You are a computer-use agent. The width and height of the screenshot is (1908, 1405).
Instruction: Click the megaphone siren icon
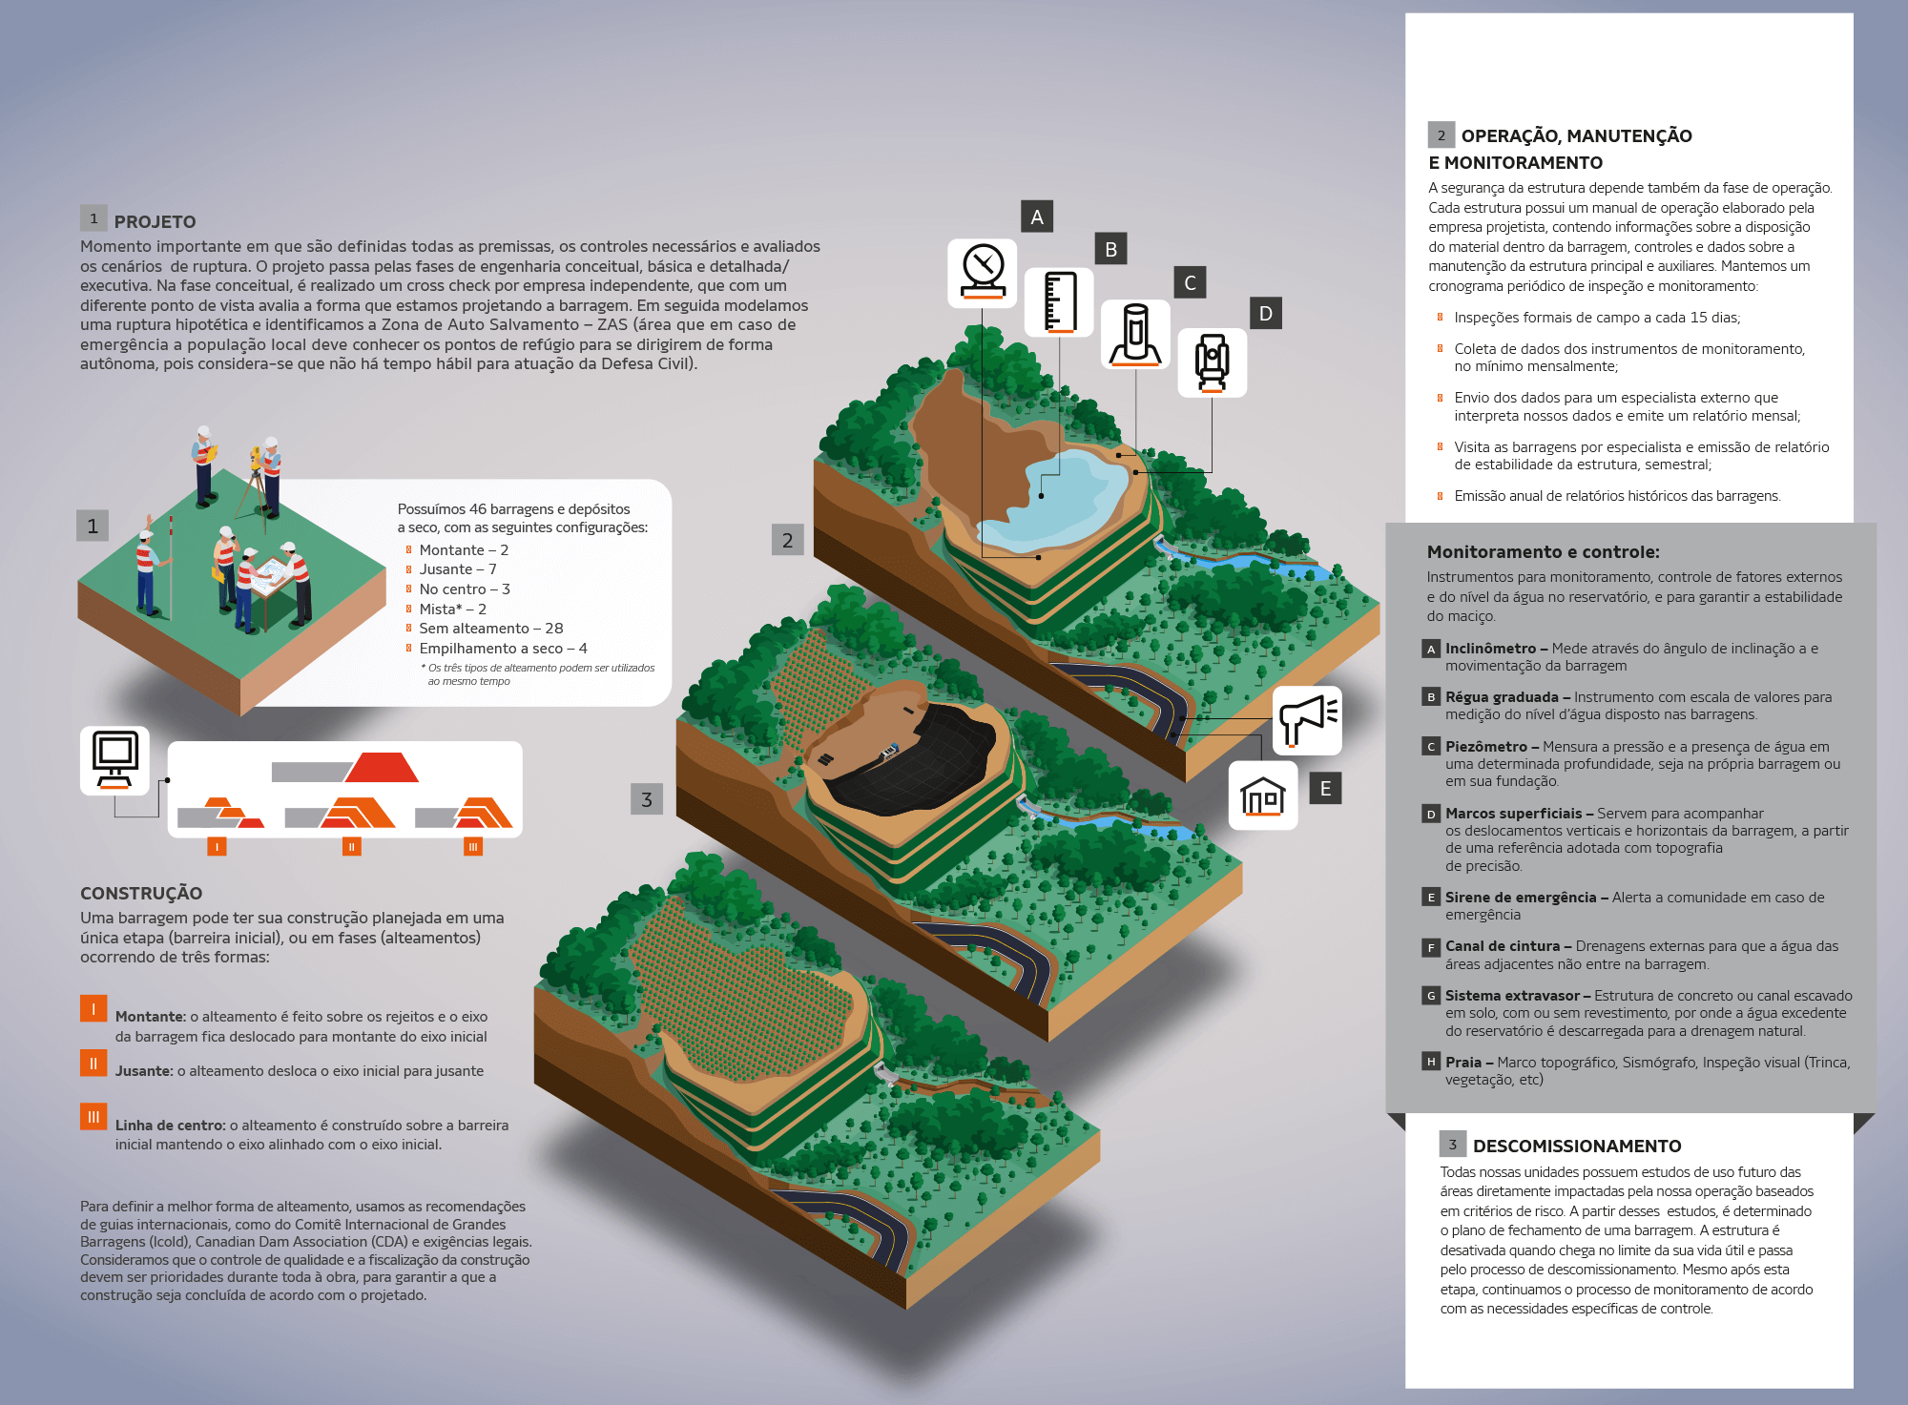click(1307, 720)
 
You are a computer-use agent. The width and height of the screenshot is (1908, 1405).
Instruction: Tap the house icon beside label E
click(1262, 795)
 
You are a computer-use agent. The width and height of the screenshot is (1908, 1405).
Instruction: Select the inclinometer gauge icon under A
click(983, 273)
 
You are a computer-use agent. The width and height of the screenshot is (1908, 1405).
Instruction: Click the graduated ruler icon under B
click(1059, 302)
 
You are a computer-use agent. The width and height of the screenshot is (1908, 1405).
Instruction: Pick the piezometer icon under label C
click(1135, 334)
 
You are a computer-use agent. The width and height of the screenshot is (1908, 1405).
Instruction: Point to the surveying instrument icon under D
click(1212, 362)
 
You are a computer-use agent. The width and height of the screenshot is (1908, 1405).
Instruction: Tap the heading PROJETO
click(155, 221)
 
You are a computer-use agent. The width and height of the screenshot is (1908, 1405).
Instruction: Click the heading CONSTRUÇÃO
click(141, 893)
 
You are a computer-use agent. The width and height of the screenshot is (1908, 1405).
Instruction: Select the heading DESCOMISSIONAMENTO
click(1577, 1146)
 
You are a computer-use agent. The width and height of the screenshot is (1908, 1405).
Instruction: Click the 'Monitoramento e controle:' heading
click(1543, 551)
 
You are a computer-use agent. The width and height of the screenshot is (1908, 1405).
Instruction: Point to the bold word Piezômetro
click(1485, 746)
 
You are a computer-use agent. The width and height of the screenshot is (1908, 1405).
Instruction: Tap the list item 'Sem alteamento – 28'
click(490, 628)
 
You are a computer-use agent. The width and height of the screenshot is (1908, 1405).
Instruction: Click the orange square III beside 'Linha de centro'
click(93, 1116)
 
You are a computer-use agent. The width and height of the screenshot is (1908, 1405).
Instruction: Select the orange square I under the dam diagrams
click(217, 846)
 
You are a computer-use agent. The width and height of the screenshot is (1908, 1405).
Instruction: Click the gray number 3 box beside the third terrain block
click(646, 799)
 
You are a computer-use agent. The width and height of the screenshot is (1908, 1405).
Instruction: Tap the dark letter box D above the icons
click(1265, 314)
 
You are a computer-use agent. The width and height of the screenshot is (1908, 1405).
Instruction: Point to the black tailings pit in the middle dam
click(916, 763)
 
